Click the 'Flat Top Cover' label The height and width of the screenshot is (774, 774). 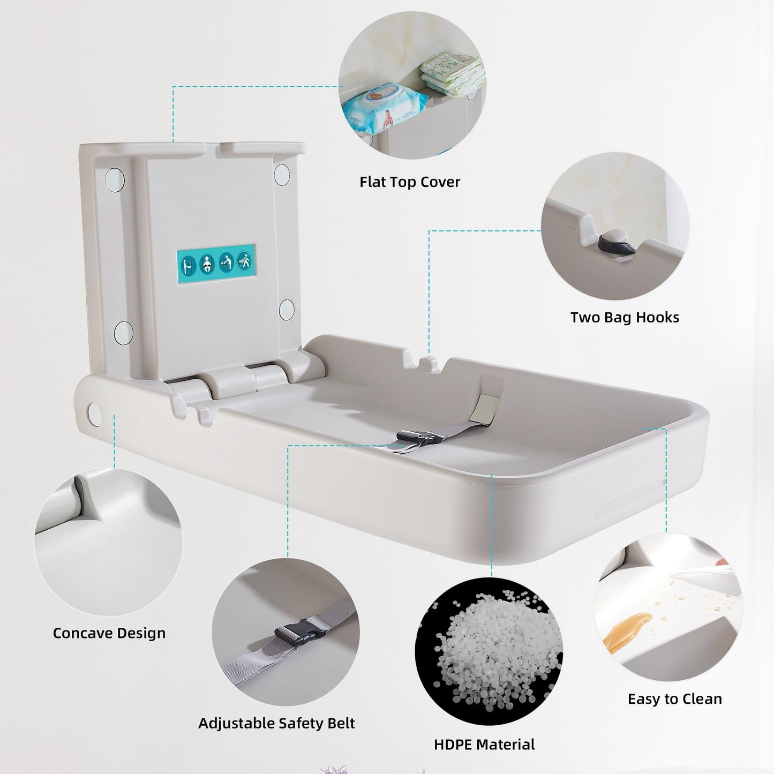[409, 182]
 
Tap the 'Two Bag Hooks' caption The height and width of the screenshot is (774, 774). [625, 318]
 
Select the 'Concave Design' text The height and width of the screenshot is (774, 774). [109, 634]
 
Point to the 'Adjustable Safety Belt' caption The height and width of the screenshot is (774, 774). [276, 724]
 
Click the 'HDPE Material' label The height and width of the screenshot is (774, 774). [484, 745]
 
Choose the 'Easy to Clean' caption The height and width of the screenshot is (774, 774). [675, 700]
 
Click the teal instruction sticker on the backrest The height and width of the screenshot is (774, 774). [216, 264]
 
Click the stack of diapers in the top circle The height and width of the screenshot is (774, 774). [453, 73]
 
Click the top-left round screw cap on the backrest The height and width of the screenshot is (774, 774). [115, 179]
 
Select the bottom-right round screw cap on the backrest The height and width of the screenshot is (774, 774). [287, 310]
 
